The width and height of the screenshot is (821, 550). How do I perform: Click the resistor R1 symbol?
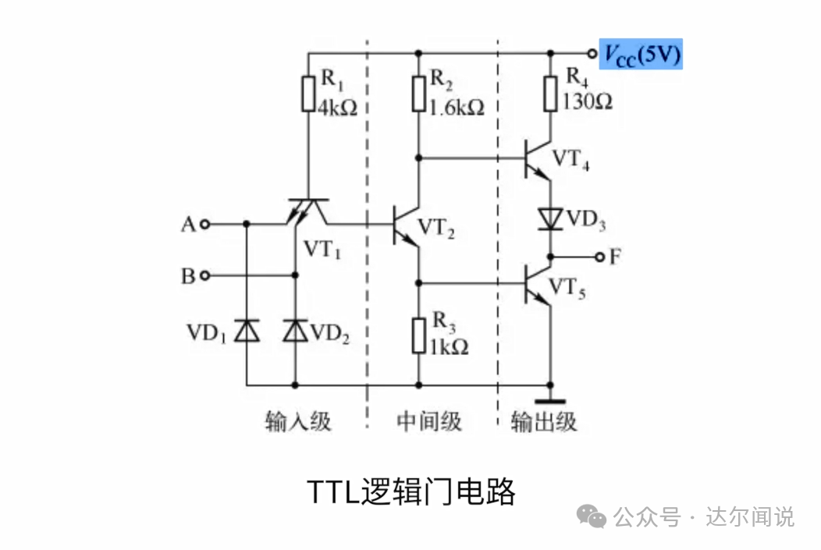(309, 95)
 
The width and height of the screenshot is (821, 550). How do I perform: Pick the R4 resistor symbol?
(551, 94)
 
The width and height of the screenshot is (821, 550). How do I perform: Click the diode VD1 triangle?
(247, 331)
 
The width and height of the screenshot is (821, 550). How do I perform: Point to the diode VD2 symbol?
(295, 331)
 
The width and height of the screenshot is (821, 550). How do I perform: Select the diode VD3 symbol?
(551, 219)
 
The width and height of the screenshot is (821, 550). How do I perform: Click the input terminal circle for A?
(204, 225)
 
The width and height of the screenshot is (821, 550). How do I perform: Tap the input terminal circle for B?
(204, 275)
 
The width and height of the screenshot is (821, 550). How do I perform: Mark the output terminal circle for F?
(599, 257)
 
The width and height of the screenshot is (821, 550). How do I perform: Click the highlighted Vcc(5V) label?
(640, 54)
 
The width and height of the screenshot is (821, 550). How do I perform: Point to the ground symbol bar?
(551, 401)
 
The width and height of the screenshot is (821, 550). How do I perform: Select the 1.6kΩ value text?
(457, 108)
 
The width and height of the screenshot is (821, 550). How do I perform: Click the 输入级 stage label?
(298, 422)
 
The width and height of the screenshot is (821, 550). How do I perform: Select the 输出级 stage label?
(544, 422)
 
